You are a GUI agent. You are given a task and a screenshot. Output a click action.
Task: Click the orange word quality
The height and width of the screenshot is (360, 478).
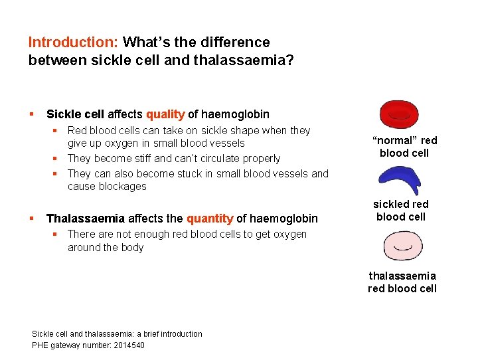coord(165,114)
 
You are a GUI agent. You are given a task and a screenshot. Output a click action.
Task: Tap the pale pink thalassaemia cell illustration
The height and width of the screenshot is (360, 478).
coord(402,246)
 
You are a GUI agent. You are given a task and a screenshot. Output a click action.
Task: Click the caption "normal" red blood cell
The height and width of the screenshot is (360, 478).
coord(404,147)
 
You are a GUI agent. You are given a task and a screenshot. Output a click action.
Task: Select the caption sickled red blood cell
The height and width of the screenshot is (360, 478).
coord(401,211)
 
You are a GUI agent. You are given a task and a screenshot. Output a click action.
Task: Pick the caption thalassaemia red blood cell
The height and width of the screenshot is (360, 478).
coord(402,282)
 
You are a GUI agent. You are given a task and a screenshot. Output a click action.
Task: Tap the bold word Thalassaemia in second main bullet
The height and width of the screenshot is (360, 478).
coord(85,219)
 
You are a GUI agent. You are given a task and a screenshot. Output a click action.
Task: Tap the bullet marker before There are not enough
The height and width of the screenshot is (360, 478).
coord(58,234)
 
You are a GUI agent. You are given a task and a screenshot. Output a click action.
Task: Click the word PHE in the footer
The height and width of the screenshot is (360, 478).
coord(40,345)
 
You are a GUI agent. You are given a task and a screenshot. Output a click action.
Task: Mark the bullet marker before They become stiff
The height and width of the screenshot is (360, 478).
coord(58,159)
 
